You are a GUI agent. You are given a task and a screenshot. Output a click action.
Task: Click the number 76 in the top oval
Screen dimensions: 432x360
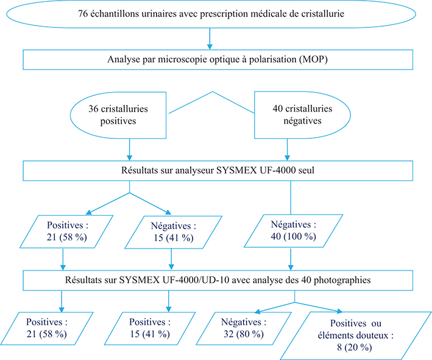pyautogui.click(x=83, y=14)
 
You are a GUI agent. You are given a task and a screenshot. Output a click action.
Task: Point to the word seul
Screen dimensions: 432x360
pyautogui.click(x=306, y=170)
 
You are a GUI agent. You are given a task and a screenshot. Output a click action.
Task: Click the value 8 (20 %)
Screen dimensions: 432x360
pyautogui.click(x=354, y=347)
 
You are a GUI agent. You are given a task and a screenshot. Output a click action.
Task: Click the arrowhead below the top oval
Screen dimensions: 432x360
pyautogui.click(x=210, y=46)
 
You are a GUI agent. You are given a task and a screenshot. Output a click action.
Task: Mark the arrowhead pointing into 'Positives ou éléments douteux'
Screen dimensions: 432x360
pyautogui.click(x=339, y=311)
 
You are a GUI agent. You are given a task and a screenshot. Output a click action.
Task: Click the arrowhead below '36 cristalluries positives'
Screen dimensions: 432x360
pyautogui.click(x=130, y=157)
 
